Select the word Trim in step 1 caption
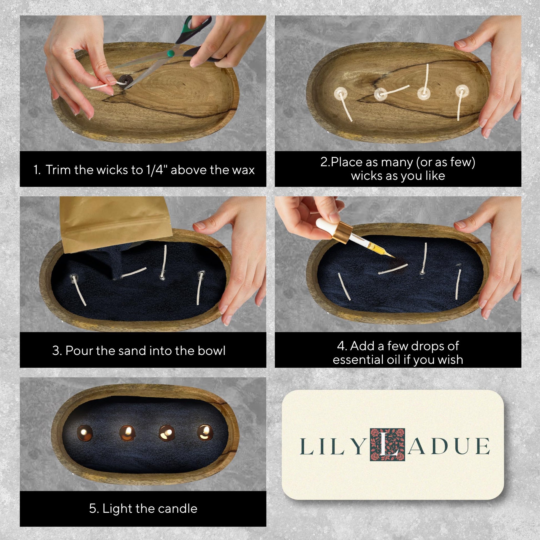58,170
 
